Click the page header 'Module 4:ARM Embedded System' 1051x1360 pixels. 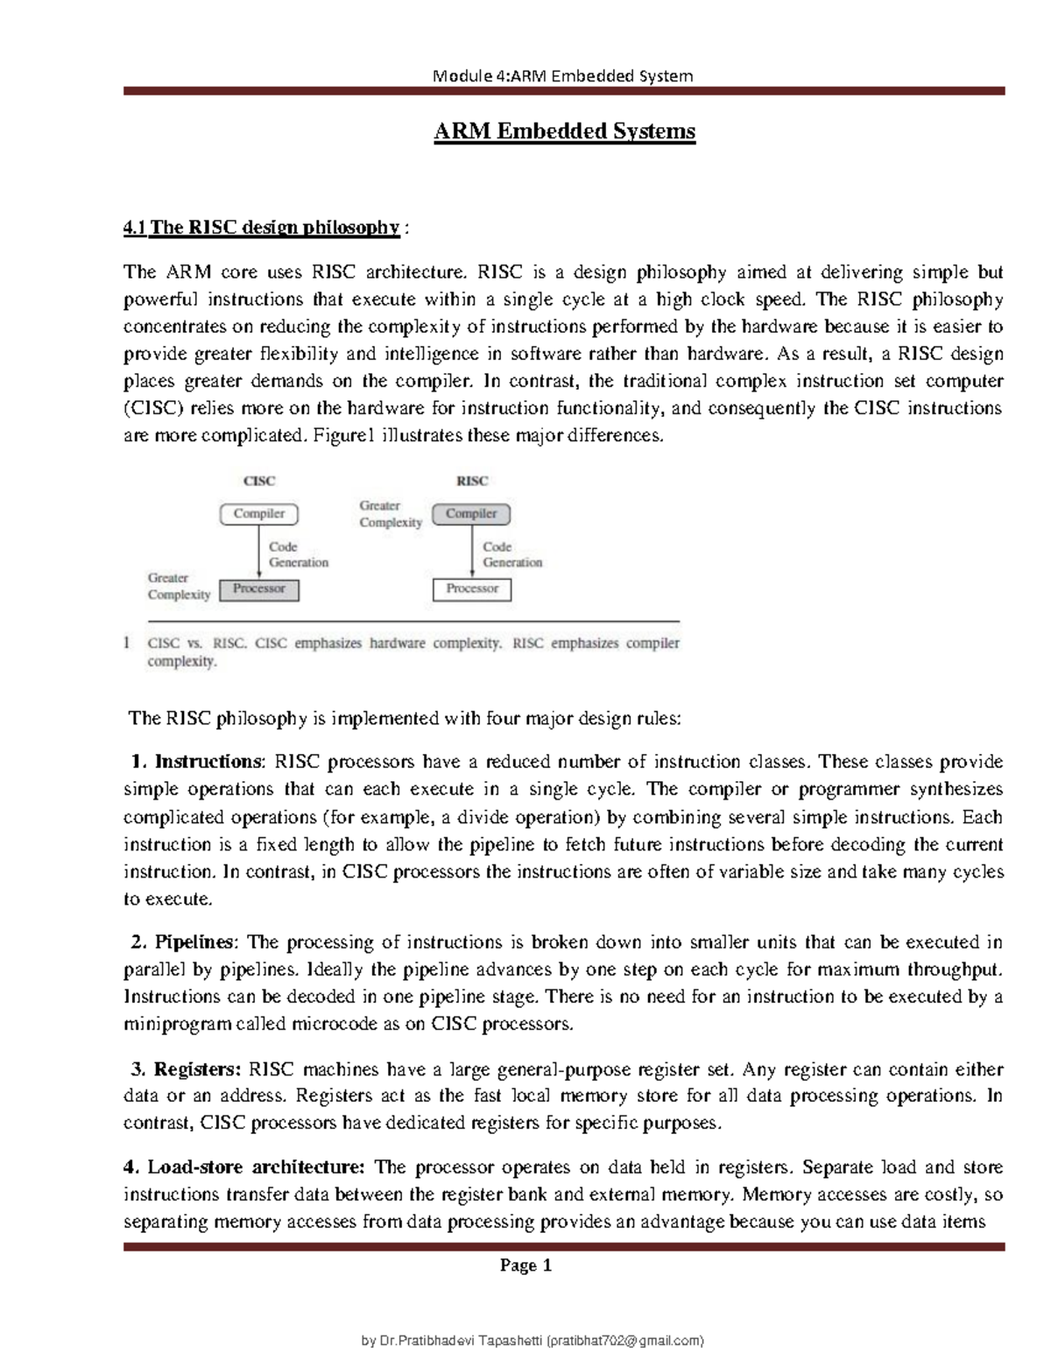point(563,75)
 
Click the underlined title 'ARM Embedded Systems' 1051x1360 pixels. point(565,131)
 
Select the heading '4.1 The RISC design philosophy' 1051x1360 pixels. point(262,228)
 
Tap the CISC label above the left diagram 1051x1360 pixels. point(258,481)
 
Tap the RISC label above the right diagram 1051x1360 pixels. point(472,481)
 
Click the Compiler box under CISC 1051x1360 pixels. point(258,514)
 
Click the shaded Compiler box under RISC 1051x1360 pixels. point(471,514)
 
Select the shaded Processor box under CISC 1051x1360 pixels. point(258,589)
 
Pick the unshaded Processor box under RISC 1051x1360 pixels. point(472,589)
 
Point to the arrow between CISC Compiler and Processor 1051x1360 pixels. point(258,552)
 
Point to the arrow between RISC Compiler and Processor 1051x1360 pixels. point(472,552)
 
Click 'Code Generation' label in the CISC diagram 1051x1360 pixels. point(299,554)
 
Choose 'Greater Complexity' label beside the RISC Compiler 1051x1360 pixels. point(391,514)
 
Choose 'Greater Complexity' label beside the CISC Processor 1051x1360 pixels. point(179,586)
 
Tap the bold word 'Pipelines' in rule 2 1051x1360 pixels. point(194,942)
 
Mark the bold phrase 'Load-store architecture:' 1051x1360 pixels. point(255,1167)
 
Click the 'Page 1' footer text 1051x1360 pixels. point(525,1265)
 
